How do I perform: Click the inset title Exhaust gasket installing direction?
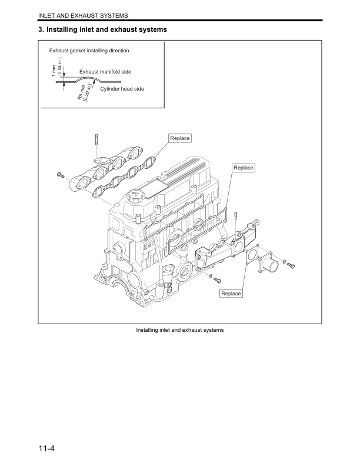(89, 51)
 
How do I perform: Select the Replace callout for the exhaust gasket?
(179, 138)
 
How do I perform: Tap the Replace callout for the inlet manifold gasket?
(243, 168)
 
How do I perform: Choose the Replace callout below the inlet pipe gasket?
(231, 293)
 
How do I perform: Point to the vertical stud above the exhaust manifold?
(95, 144)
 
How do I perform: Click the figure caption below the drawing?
(179, 330)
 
